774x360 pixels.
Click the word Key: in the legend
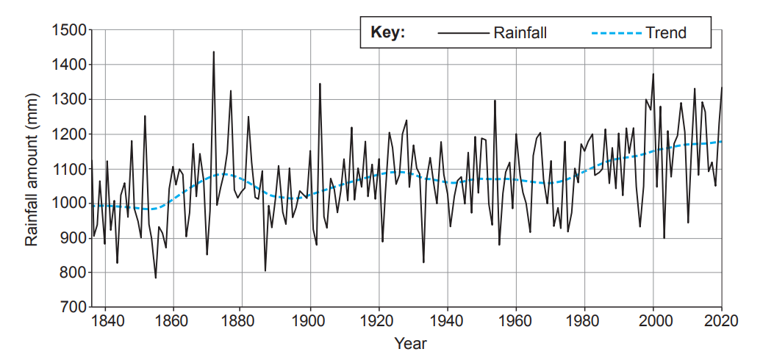coord(388,33)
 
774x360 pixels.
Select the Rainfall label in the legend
coord(520,33)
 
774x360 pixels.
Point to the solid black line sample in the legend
coord(462,33)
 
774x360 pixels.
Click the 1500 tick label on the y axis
coord(68,30)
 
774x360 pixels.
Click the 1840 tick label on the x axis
coord(105,321)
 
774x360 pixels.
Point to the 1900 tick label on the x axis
coord(310,321)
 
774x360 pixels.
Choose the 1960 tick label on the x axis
coord(516,321)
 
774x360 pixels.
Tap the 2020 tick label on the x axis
coord(721,321)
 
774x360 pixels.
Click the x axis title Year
coord(409,343)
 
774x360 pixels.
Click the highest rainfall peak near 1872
coord(214,52)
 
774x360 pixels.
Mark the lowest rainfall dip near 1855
coord(156,278)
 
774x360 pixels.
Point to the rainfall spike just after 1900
coord(320,84)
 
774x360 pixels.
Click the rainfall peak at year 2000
coord(653,74)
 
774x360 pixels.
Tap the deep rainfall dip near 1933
coord(423,262)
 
